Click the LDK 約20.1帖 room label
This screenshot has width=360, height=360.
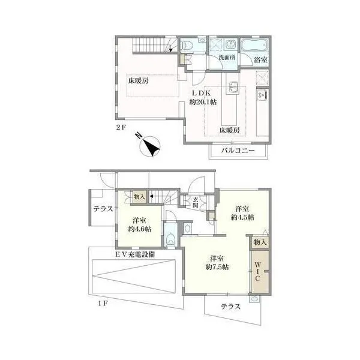coord(203,97)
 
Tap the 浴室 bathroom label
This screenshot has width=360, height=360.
coord(260,60)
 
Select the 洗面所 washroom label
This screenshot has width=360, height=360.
coord(227,58)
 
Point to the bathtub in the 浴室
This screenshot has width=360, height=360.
coord(254,45)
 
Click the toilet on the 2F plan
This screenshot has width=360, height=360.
coord(186,46)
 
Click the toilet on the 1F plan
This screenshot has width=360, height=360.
coord(170,239)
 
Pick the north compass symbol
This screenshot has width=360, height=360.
coord(149,146)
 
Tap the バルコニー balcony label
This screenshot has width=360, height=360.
coord(238,151)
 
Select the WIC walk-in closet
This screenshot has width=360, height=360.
coord(260,271)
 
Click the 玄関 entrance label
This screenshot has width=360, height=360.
coord(196,202)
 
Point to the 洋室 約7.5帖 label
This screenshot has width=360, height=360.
coord(217,263)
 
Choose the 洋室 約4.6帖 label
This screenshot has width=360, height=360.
coord(139,225)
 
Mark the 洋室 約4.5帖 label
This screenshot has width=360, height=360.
coord(242,213)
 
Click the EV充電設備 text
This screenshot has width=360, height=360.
coord(135,254)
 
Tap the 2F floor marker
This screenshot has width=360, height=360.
coord(121,127)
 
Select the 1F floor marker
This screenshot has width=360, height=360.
coord(103,304)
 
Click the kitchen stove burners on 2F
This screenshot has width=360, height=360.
coord(262,95)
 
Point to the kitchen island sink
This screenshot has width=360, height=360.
coord(232,87)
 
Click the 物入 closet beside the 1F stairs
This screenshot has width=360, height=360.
coord(140,197)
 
